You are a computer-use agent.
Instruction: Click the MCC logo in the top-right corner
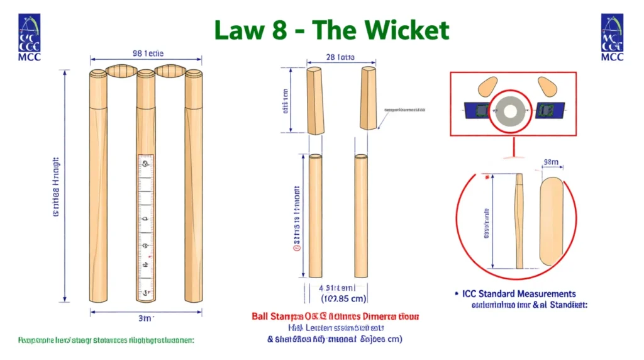pos(612,37)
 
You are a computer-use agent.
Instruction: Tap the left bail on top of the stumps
pos(122,70)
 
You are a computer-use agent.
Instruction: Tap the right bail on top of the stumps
pos(169,70)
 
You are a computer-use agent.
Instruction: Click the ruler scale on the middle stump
pos(145,227)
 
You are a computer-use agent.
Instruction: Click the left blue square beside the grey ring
pos(475,109)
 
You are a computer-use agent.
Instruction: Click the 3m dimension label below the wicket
pos(146,318)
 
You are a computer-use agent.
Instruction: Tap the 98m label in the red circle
pos(550,163)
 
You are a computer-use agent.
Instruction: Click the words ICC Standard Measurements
pos(519,294)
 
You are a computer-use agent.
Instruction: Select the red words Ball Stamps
pos(273,316)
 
